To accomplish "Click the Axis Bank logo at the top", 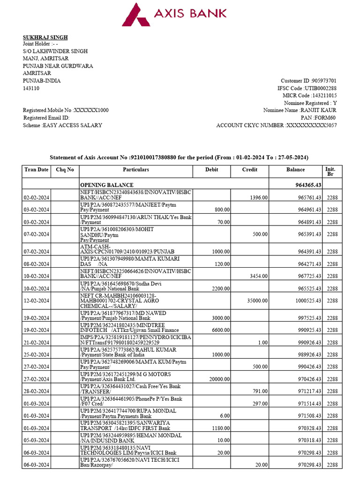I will (x=174, y=14).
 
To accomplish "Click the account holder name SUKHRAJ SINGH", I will (x=45, y=37).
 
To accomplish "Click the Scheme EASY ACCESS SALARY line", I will (x=62, y=125).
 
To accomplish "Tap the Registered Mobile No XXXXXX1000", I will (x=66, y=110).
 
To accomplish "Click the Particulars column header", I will (x=136, y=170).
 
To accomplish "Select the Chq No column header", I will (x=65, y=170).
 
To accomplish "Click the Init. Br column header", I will (x=330, y=171).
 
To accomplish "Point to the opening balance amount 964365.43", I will (x=305, y=185).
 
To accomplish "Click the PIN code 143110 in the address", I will (x=31, y=88).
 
